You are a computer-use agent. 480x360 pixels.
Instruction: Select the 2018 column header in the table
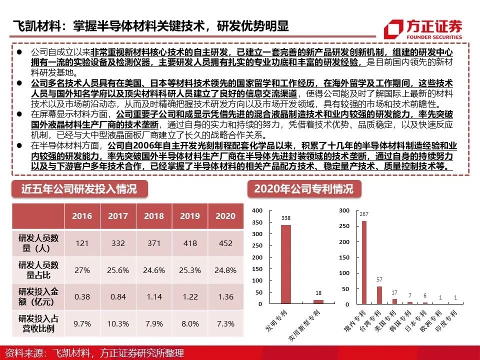153,216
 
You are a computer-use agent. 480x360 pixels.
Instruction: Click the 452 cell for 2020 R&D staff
225,243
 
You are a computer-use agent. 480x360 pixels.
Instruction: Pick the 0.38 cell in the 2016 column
81,297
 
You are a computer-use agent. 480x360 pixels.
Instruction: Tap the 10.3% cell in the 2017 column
117,324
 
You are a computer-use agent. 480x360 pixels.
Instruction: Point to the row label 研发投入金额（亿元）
38,297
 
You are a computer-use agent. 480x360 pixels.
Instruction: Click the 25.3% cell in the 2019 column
189,270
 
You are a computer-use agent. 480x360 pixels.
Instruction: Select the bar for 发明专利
285,264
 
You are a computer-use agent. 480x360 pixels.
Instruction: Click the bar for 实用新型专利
318,301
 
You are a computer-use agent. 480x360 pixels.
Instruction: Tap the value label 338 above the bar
285,218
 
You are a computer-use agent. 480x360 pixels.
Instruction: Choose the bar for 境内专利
364,262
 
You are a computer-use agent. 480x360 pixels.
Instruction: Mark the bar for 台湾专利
379,295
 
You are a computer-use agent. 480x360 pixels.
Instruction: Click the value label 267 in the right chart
364,214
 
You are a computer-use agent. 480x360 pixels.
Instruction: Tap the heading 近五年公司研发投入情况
78,189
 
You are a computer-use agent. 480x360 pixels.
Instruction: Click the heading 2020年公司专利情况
303,189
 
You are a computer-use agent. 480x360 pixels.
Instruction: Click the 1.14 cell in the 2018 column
153,297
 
